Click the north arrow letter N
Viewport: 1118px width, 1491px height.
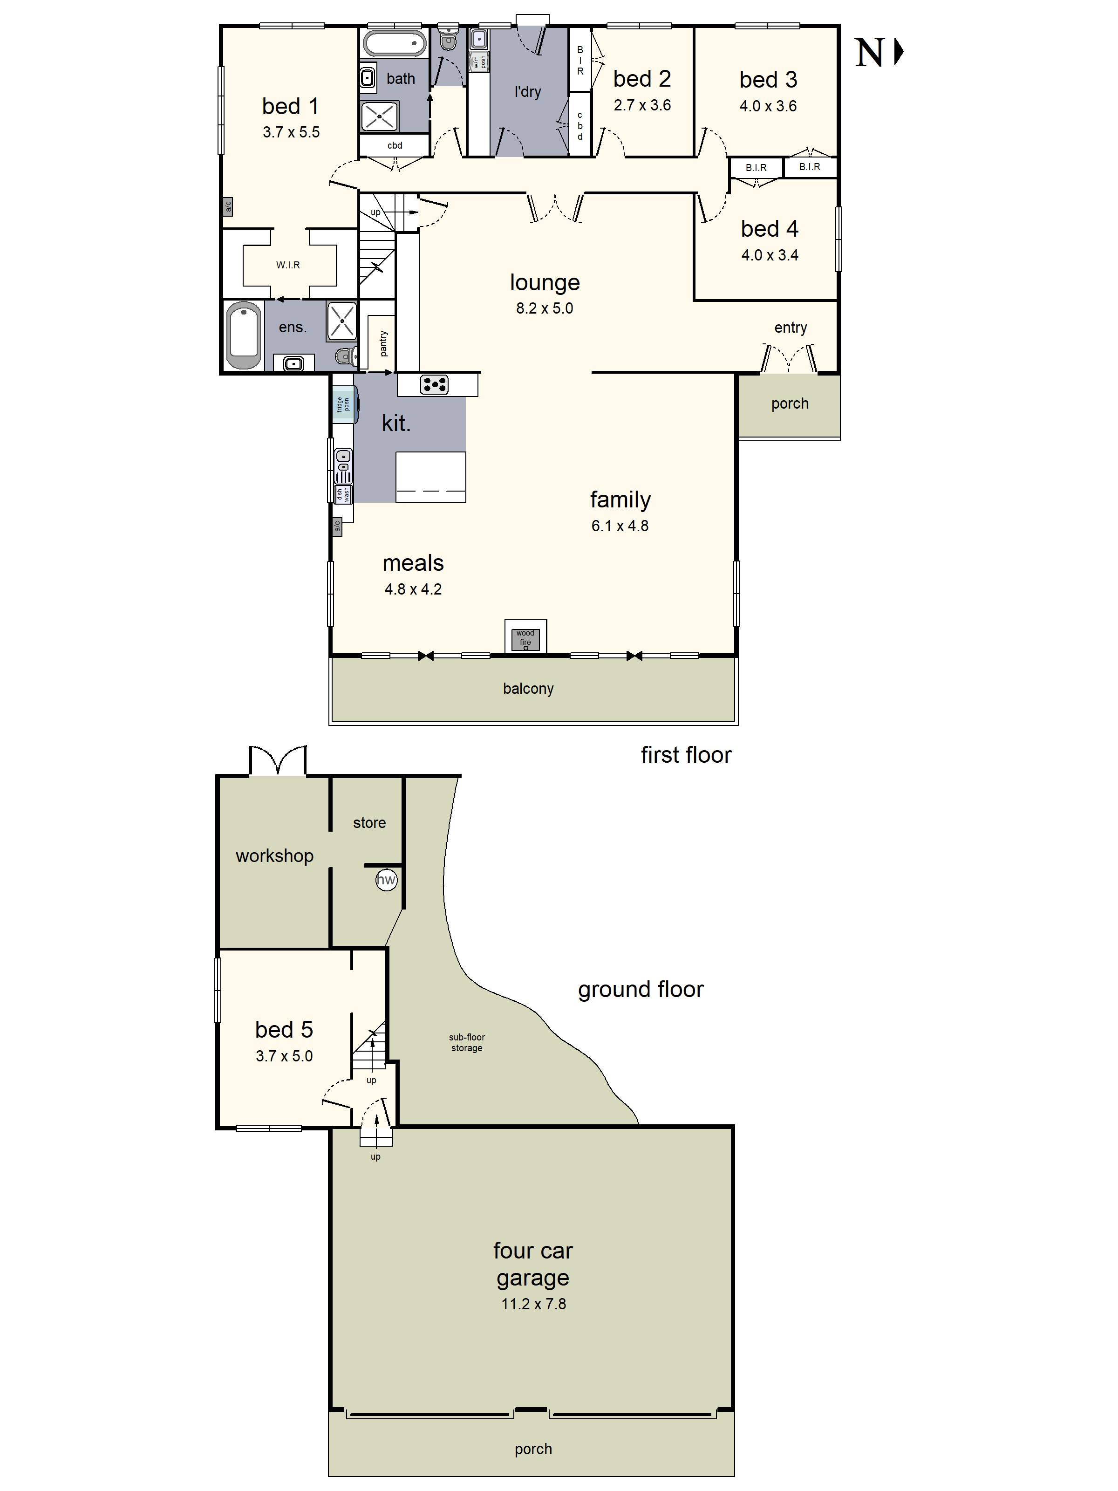(869, 53)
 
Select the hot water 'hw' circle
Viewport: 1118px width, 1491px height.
(386, 880)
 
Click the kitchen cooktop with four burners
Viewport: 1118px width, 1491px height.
(434, 384)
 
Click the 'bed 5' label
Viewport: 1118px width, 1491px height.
(284, 1029)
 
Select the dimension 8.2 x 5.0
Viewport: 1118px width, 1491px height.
(545, 308)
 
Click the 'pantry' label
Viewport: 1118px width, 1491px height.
(383, 343)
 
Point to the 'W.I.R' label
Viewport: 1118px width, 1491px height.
(288, 265)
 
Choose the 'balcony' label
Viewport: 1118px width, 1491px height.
(528, 688)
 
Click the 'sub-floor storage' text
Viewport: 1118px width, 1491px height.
(467, 1042)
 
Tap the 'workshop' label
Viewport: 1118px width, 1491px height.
(274, 856)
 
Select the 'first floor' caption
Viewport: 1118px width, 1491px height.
(686, 754)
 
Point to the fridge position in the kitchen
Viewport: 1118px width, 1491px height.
(344, 404)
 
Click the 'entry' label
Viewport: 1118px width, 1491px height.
(791, 328)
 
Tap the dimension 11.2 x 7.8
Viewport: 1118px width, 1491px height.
(534, 1304)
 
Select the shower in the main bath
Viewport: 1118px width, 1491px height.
(380, 116)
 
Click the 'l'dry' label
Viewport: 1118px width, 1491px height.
(528, 91)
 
